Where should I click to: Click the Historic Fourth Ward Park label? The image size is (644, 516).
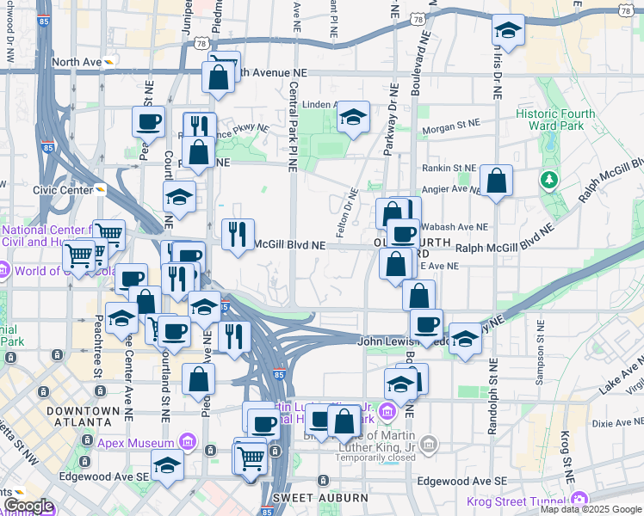(550, 120)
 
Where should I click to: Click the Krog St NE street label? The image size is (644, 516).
(567, 457)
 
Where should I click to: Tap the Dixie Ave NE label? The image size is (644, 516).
(617, 422)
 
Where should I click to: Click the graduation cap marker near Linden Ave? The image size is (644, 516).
(353, 117)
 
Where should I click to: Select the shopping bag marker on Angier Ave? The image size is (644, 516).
(497, 181)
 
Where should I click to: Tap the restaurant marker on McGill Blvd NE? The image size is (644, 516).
(238, 233)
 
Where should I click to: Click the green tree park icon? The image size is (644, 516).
(548, 180)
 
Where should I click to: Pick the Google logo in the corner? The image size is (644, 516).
(28, 506)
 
